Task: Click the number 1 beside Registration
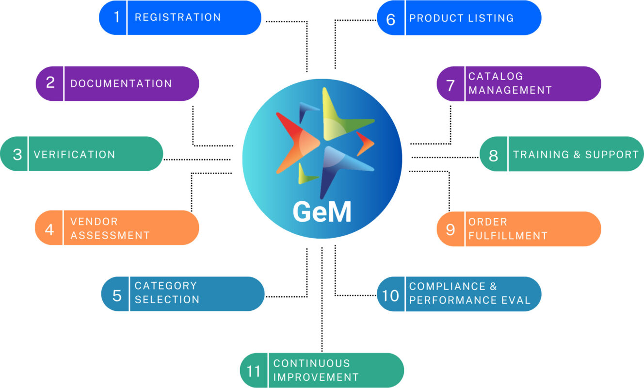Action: coord(116,17)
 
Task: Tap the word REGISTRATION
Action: coord(177,17)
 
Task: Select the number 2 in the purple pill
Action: coord(50,83)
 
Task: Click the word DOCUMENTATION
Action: coord(121,83)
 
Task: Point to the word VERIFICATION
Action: coord(74,155)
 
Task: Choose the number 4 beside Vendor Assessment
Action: coord(49,228)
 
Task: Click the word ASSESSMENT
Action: coord(110,236)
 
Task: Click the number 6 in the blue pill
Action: coord(391,19)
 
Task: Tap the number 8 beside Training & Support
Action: coord(494,156)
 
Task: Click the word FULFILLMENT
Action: coord(508,236)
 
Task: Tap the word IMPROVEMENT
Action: coord(316,377)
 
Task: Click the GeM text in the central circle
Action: coord(322,211)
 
